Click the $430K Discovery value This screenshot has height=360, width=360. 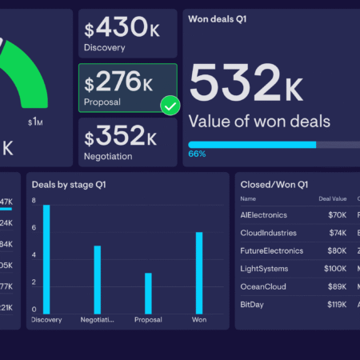click(120, 30)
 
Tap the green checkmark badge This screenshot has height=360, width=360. click(170, 106)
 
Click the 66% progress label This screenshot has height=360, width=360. click(197, 154)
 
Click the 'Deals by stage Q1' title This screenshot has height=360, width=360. click(69, 185)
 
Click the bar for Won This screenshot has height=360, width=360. click(199, 271)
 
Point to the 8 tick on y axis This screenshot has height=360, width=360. click(34, 201)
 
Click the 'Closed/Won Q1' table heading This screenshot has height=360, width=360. click(274, 185)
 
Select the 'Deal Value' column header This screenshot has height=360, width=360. click(333, 198)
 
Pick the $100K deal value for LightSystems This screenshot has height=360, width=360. click(335, 268)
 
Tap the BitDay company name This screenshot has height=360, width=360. click(254, 304)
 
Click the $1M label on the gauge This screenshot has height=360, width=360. click(35, 122)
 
